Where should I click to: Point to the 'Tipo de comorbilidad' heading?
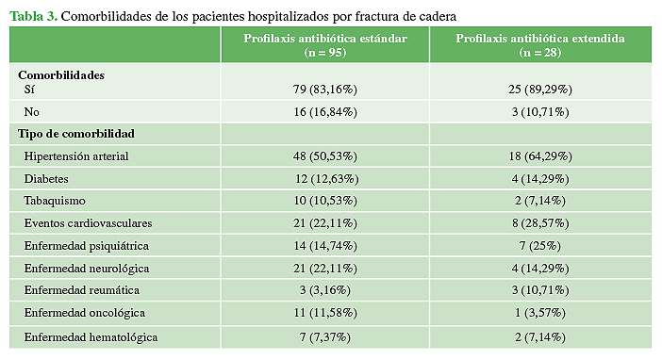[76, 134]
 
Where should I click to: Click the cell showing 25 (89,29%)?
[539, 90]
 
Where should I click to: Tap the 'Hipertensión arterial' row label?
[76, 155]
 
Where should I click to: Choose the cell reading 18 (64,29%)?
[539, 155]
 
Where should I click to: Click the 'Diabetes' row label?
[47, 178]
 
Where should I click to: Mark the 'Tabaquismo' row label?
[55, 201]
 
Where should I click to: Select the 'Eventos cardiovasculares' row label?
[88, 223]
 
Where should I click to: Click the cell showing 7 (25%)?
[539, 246]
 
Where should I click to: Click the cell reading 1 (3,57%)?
[539, 314]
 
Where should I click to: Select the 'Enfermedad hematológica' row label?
[91, 336]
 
